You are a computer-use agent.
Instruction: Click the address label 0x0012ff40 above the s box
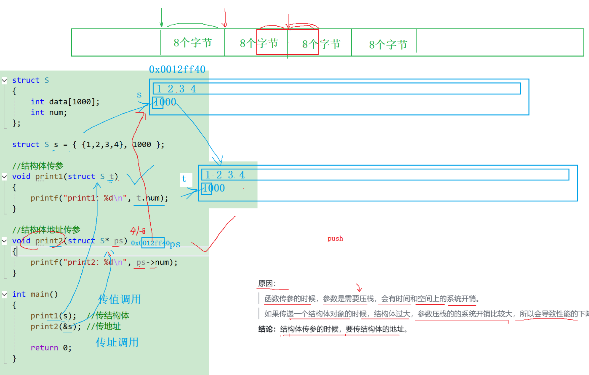tap(177, 69)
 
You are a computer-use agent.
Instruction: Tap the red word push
tap(335, 238)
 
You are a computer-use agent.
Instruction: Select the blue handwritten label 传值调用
tap(119, 299)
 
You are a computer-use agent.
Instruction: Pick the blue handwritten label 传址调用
tap(117, 342)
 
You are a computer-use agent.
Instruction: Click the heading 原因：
tap(267, 283)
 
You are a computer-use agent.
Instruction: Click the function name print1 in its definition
tap(49, 176)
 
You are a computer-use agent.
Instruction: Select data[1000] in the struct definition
tap(74, 102)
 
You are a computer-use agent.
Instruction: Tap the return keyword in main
tap(44, 348)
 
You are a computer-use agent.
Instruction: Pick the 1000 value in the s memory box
tap(165, 102)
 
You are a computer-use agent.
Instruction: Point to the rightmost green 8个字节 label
tap(388, 44)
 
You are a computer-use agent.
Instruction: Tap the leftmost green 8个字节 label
tap(193, 43)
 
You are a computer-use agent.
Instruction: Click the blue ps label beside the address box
tap(175, 244)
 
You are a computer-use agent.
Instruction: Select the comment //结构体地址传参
tap(46, 230)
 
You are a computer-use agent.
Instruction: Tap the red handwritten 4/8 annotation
tap(138, 231)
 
